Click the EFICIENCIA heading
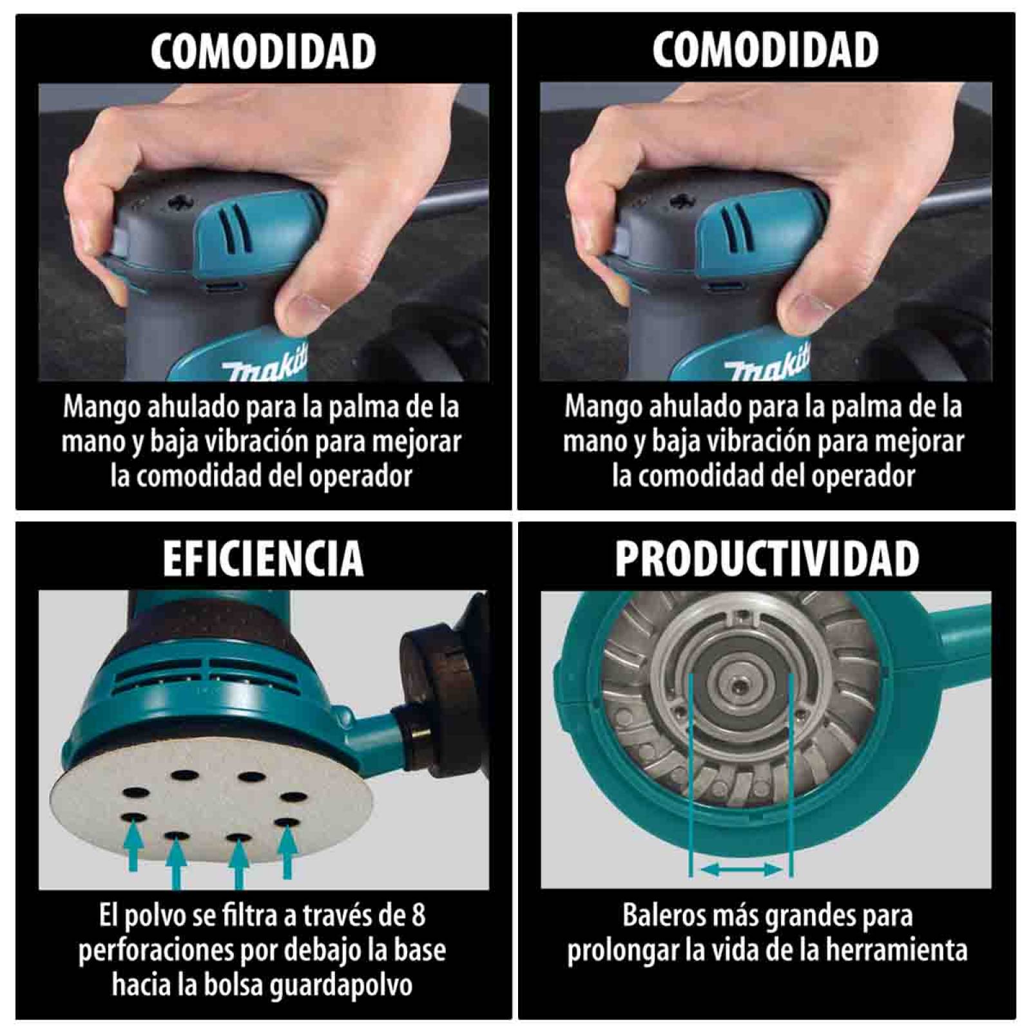(263, 559)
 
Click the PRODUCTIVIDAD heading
(766, 559)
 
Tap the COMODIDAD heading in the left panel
(263, 51)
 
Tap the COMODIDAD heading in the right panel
(765, 50)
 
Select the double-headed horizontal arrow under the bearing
(740, 871)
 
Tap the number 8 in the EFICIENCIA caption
(418, 915)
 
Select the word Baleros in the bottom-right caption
(660, 915)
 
